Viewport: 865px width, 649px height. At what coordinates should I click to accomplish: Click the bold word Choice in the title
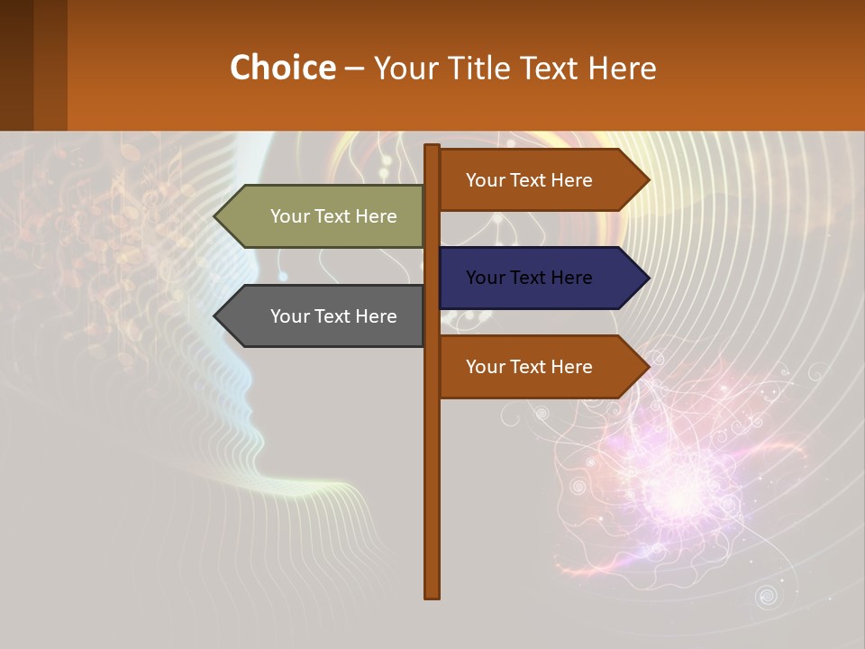point(282,68)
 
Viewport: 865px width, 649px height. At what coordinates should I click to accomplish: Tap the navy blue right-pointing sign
point(536,278)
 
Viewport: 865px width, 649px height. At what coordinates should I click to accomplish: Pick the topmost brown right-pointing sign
point(536,180)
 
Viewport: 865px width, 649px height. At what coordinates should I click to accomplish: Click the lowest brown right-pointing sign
point(536,367)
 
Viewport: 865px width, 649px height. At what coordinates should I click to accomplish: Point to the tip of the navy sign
point(647,278)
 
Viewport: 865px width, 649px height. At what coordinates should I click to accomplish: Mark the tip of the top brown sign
point(647,180)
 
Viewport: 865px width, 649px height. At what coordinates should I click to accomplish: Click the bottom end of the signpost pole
point(432,594)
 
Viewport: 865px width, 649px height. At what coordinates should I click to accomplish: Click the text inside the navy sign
point(529,278)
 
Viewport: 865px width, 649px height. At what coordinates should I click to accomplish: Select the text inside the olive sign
point(333,216)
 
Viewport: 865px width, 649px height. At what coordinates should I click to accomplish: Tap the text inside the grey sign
point(333,316)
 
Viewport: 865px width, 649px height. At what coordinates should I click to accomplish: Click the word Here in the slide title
point(623,68)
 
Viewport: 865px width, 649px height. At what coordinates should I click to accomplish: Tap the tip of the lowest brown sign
point(647,367)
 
